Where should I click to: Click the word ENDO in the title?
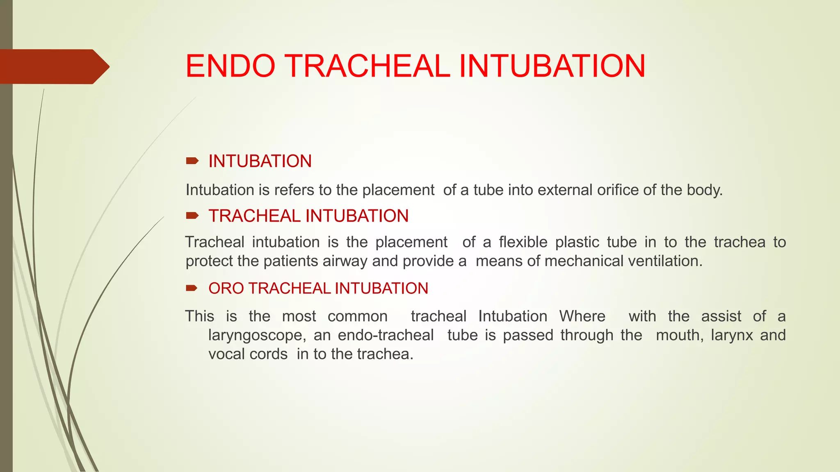coord(230,66)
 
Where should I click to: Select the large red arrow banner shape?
coord(53,66)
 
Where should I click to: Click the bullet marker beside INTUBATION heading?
coord(192,161)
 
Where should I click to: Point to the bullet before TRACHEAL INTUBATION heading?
coord(192,216)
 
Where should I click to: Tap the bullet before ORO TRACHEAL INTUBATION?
coord(192,288)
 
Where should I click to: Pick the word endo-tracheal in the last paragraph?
coord(386,335)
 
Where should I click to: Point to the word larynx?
coord(732,336)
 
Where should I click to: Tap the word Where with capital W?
coord(582,316)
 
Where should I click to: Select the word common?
coord(357,316)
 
